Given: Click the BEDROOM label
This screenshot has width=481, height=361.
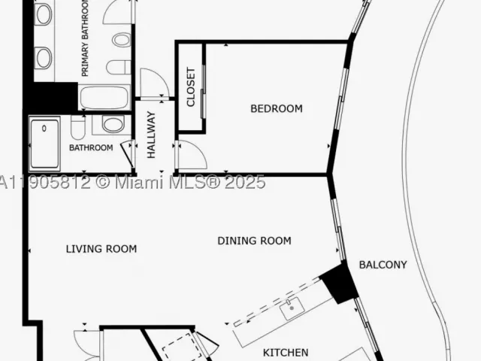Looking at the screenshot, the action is coord(277,108).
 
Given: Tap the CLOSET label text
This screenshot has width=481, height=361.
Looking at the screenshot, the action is coord(190,87).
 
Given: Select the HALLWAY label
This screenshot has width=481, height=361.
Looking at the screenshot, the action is coord(152,135).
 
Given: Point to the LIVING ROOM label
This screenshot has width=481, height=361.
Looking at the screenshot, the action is coord(101,249).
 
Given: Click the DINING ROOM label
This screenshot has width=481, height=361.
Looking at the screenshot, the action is coord(254,241).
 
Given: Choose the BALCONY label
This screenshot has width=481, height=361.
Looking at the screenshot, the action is coord(383,265).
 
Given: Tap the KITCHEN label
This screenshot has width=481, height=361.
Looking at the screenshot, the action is coord(286,353).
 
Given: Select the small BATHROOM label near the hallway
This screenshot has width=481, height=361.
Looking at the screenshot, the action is coord(91,147).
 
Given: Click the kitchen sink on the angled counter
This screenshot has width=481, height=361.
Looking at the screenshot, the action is coord(292,308).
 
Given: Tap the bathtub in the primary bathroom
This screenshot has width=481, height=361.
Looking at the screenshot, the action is coord(104,98).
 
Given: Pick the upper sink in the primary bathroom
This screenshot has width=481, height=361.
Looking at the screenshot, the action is coord(44,14).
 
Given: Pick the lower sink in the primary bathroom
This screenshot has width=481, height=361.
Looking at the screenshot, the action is coord(44,57).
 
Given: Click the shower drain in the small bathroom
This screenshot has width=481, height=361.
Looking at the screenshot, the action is coord(44,129).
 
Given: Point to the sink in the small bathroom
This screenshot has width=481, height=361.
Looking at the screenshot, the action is coord(113,123).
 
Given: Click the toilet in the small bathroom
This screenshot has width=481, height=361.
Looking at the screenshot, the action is coord(77,127).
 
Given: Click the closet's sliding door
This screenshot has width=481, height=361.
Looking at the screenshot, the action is coord(203,92).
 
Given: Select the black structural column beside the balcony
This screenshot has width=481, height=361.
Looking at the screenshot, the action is coord(339,283).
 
